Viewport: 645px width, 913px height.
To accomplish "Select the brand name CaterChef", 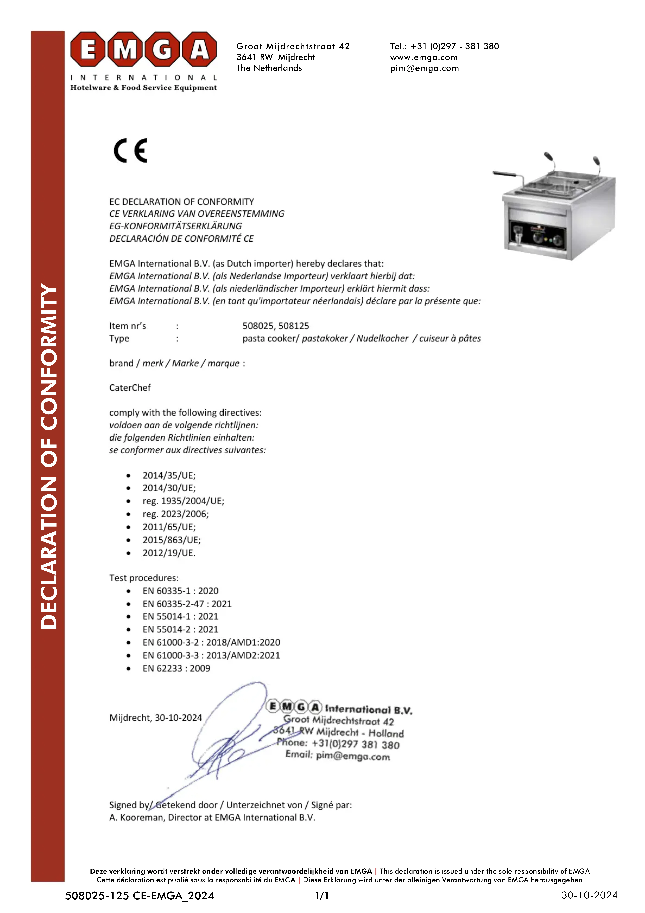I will point(130,388).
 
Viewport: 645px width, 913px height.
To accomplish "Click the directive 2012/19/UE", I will point(169,553).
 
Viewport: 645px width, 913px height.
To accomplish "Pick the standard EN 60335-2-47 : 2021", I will point(187,604).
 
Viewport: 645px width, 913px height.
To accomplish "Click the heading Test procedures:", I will point(144,578).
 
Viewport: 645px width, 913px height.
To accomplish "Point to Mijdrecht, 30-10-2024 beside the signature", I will point(155,718).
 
